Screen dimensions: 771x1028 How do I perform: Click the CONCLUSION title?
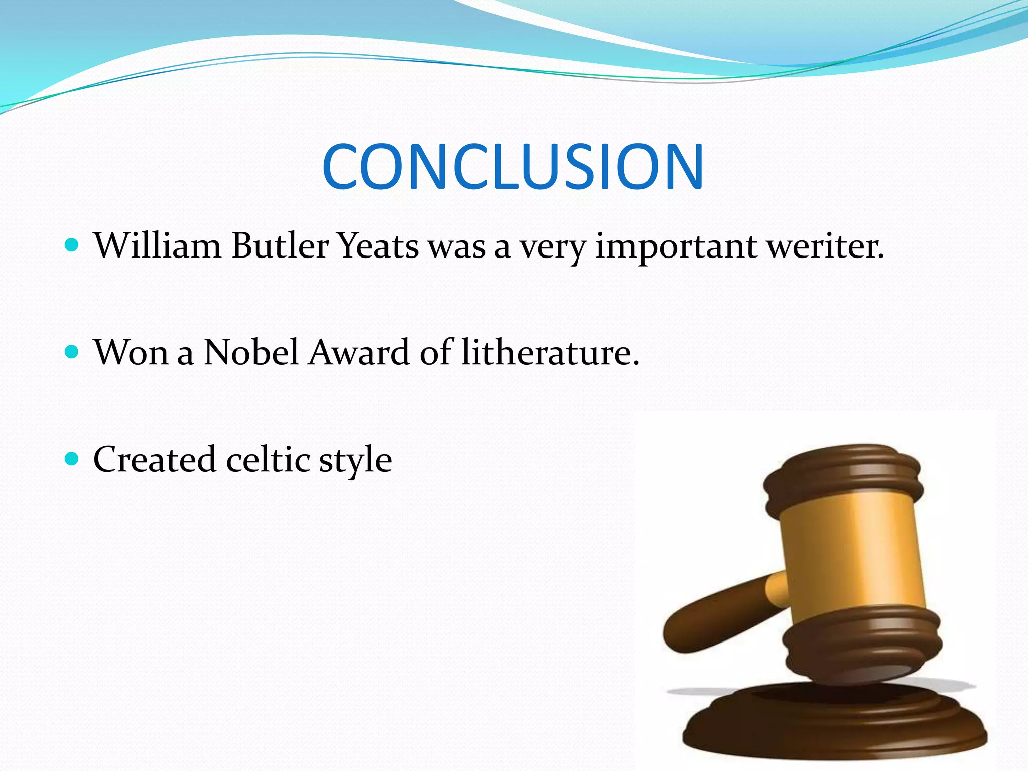coord(513,167)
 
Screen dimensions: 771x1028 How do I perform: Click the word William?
coord(157,246)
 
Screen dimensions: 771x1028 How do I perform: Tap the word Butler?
coord(280,246)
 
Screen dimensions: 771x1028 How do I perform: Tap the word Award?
coord(359,352)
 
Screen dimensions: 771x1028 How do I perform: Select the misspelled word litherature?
coord(550,352)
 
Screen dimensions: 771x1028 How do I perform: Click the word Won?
coord(131,352)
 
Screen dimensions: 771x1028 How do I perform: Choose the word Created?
coord(155,459)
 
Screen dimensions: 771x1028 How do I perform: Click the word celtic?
coord(268,459)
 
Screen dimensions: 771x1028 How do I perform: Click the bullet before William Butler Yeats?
coord(72,245)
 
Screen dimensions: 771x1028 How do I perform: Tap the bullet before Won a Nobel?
coord(72,351)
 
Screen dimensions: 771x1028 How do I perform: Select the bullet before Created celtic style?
coord(72,458)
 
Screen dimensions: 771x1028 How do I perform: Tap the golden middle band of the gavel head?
coord(853,552)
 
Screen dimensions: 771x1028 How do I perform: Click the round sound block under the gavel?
coord(833,728)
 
